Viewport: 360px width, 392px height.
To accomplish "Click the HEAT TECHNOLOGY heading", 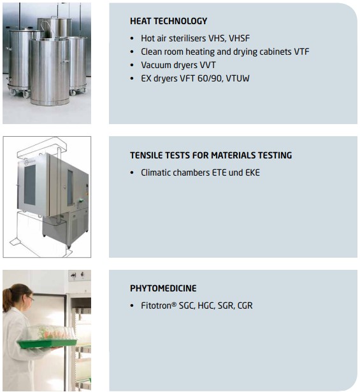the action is pos(168,21).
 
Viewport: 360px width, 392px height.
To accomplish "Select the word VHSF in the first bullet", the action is pos(240,38).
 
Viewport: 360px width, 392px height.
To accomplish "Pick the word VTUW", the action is pos(238,78).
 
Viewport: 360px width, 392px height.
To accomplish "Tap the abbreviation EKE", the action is pos(252,172).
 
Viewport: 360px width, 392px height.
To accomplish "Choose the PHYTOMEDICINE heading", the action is pos(163,288).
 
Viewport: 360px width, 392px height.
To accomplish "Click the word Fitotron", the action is pos(156,305).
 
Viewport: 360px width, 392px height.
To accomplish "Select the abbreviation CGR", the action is pos(245,305).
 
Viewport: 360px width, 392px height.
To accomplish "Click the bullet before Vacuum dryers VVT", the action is pos(132,66).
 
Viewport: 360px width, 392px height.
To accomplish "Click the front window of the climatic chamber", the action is pos(30,185).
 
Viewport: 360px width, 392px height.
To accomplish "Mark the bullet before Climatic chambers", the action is pos(132,172).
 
